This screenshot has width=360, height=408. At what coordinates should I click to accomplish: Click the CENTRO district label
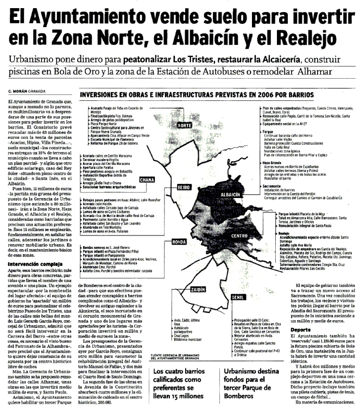point(241,220)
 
